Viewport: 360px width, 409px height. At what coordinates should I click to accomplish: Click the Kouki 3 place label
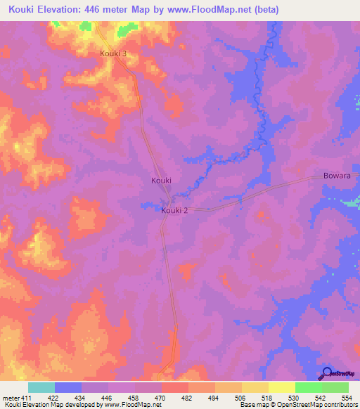[x=113, y=53]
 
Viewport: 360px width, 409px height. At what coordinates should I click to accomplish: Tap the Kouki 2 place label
[x=174, y=210]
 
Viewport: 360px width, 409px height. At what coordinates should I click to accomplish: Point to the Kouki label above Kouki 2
[x=161, y=181]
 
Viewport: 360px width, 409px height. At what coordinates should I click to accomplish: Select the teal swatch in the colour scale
[x=41, y=387]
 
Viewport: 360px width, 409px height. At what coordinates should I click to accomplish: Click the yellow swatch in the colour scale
[x=281, y=387]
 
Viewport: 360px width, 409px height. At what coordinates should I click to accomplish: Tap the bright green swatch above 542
[x=308, y=387]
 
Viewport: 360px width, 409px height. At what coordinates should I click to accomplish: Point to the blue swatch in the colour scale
[x=68, y=387]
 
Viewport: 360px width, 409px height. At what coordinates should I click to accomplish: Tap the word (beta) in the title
[x=266, y=10]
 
